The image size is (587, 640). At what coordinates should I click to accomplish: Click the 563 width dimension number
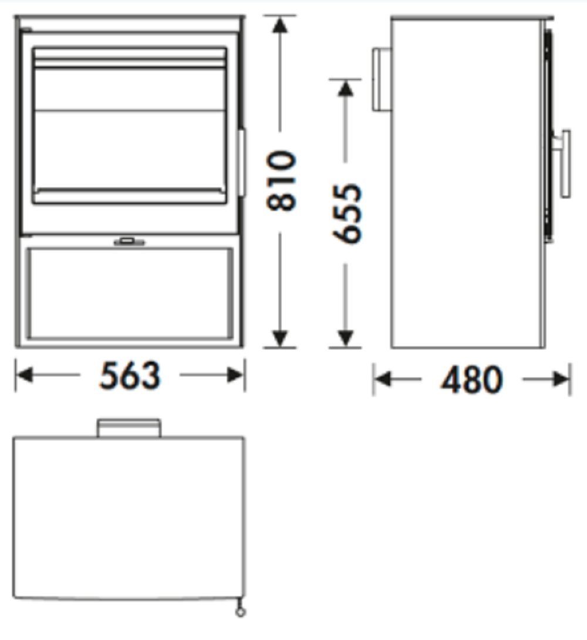(x=130, y=375)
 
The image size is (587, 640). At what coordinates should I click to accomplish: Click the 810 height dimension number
(x=281, y=181)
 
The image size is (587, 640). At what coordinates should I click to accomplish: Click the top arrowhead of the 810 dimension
(x=280, y=25)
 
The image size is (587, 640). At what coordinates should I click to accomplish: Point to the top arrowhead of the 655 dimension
(x=346, y=89)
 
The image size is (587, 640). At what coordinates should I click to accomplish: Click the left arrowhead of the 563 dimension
(x=24, y=375)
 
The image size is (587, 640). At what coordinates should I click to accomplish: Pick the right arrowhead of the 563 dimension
(x=236, y=375)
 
